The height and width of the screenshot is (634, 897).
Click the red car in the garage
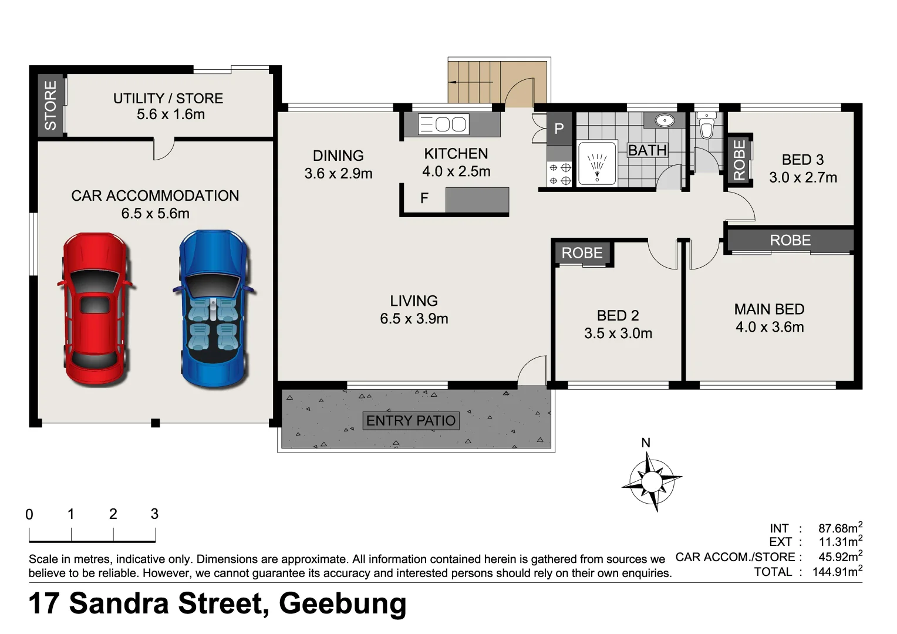tap(95, 308)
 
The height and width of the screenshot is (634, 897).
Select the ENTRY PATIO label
tap(411, 421)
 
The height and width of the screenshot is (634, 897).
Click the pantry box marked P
tap(559, 129)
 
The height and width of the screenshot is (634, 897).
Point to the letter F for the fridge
tap(424, 199)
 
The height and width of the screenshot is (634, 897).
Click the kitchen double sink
tap(443, 124)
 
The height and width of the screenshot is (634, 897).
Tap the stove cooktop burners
tap(559, 174)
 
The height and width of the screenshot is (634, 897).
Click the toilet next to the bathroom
tap(706, 127)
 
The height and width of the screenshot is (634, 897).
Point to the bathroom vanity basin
tap(664, 121)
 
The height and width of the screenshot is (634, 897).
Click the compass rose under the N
tap(650, 481)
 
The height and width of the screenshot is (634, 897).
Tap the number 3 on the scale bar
tap(154, 514)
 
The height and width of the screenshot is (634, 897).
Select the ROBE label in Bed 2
tap(582, 253)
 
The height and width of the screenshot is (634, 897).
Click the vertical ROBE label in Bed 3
tap(739, 160)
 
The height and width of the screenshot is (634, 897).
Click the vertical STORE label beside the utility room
tap(50, 106)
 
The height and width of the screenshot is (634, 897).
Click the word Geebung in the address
tap(342, 603)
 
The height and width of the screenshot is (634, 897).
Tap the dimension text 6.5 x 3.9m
tap(414, 319)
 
